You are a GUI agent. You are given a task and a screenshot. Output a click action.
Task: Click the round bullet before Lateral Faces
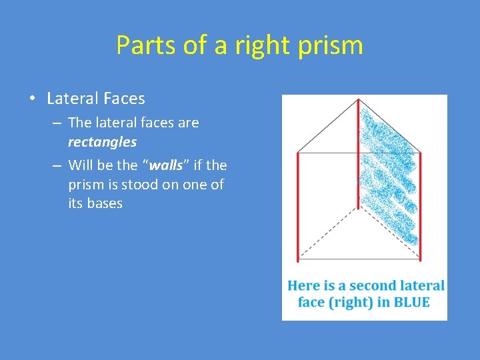pyautogui.click(x=33, y=99)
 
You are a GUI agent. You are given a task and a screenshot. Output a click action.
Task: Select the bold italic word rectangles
pyautogui.click(x=102, y=142)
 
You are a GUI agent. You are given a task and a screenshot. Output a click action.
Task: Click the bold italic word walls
pyautogui.click(x=167, y=165)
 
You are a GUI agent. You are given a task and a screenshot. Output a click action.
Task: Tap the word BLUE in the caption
pyautogui.click(x=411, y=302)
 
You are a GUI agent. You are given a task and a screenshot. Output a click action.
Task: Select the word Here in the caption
pyautogui.click(x=303, y=285)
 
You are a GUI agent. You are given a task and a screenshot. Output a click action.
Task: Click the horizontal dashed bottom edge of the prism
pyautogui.click(x=359, y=258)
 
